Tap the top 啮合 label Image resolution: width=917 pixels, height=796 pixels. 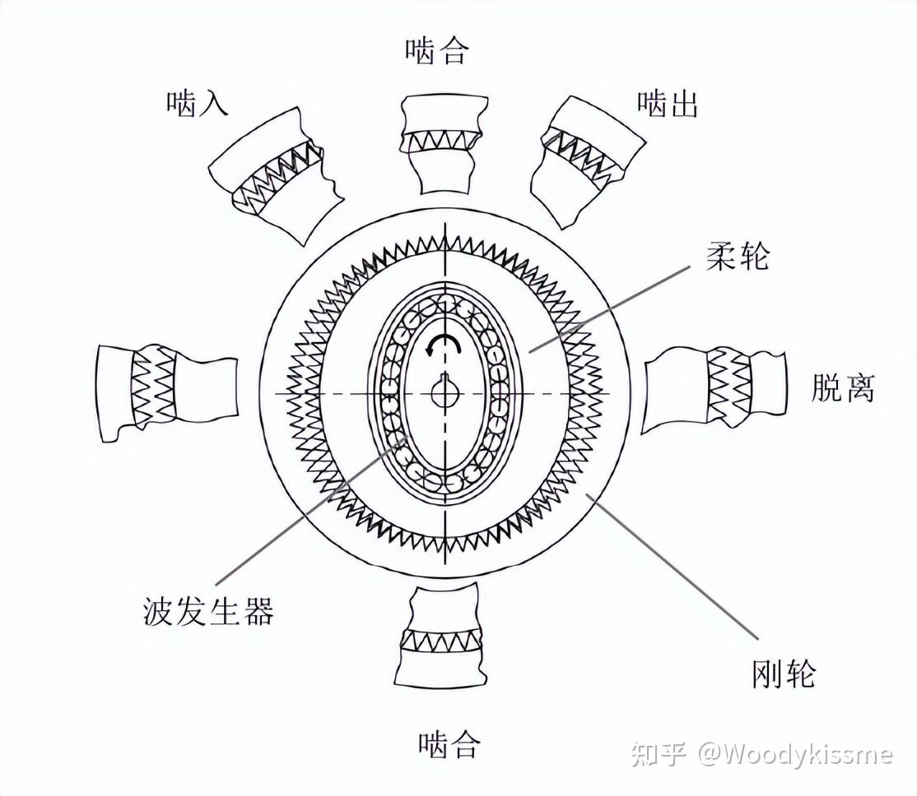pos(437,52)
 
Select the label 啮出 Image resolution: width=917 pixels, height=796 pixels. pos(667,104)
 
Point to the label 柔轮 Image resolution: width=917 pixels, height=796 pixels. pos(738,257)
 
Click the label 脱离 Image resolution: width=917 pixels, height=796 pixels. pos(842,387)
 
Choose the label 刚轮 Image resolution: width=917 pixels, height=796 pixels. pos(784,673)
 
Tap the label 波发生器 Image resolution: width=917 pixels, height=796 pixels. pos(208,612)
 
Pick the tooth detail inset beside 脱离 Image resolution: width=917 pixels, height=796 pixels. pos(714,387)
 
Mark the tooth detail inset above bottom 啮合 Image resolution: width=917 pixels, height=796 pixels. pos(442,638)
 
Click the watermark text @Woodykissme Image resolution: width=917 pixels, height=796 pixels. pos(795,754)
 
